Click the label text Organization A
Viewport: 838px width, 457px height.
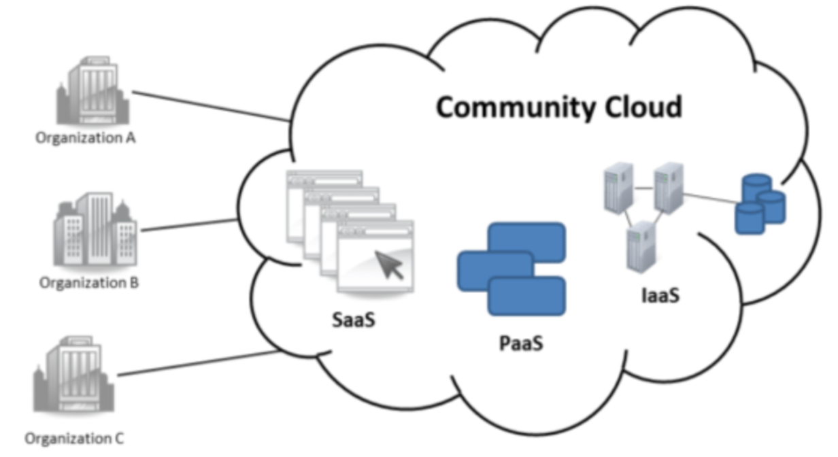86,139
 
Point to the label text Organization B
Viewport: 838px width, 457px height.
89,282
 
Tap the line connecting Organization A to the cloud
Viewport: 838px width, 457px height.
211,106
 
